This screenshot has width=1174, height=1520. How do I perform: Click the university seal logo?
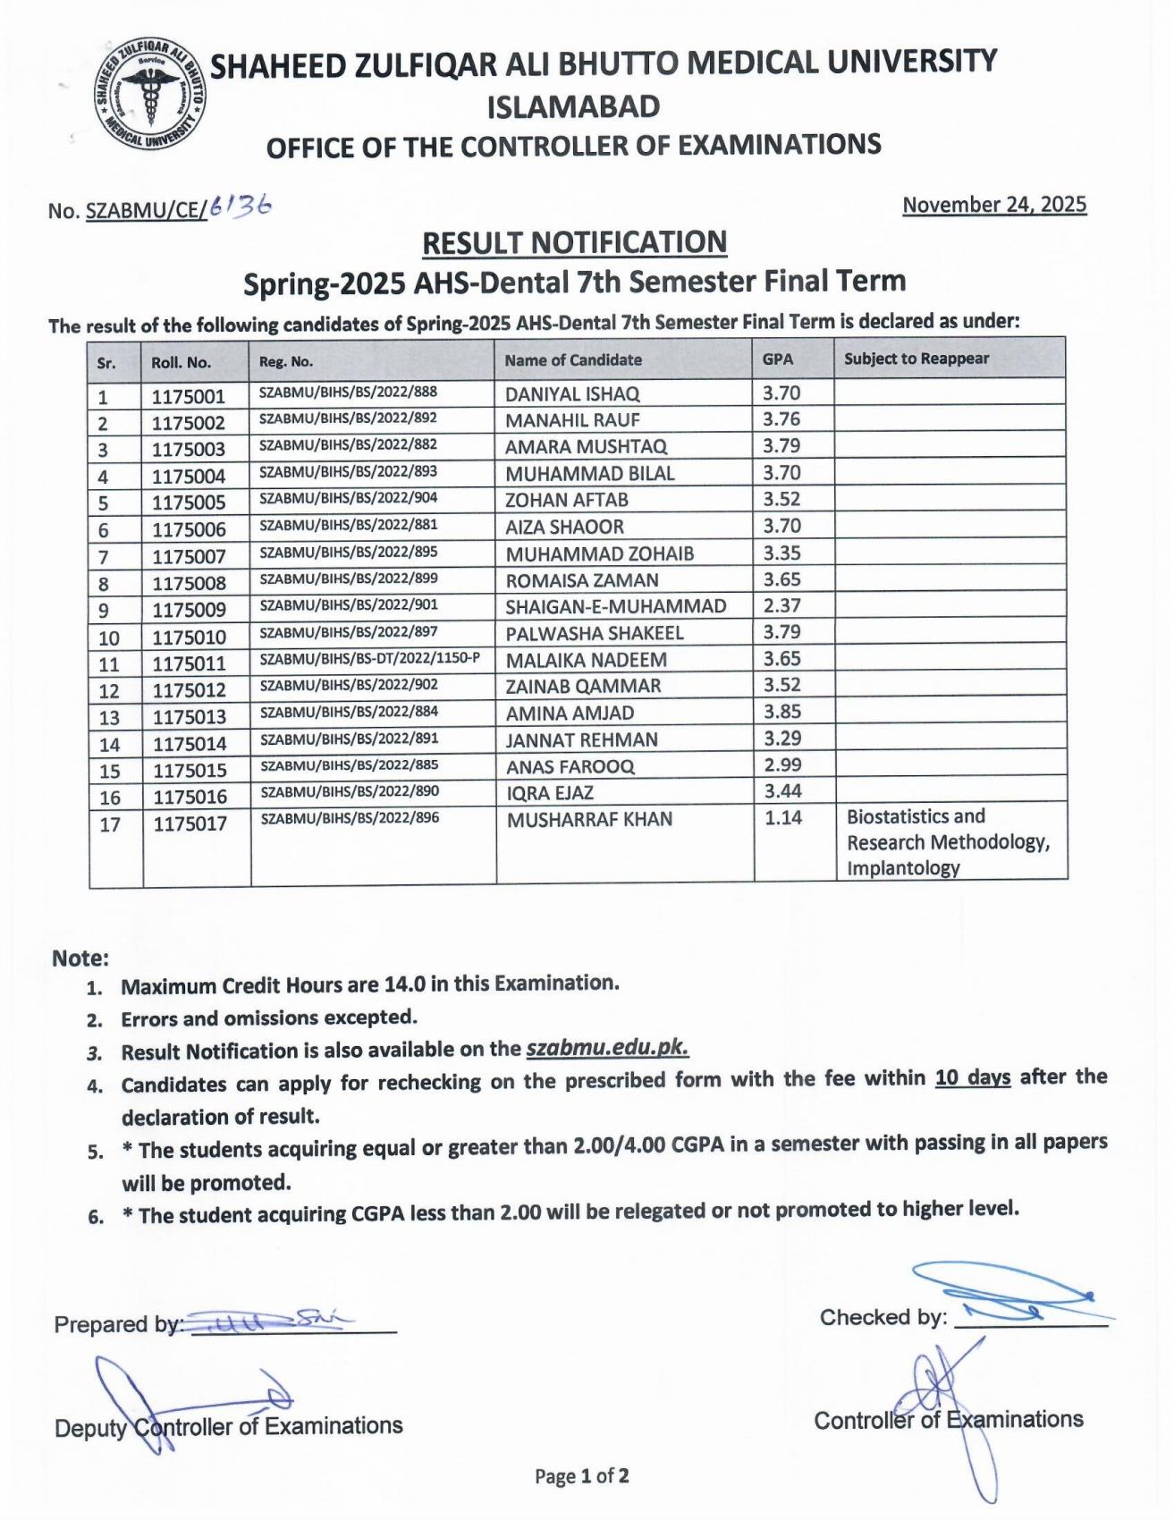click(150, 96)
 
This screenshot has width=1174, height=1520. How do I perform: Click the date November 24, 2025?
click(994, 205)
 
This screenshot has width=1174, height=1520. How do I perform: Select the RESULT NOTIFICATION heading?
click(574, 242)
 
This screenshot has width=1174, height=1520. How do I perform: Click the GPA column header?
click(777, 359)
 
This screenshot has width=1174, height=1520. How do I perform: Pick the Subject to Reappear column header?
click(916, 359)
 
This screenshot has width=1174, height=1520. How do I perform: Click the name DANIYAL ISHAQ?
click(572, 394)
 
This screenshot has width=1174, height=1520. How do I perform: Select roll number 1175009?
click(189, 610)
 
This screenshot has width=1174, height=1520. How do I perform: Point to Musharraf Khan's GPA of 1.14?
click(783, 817)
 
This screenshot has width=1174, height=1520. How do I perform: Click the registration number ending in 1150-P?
click(369, 659)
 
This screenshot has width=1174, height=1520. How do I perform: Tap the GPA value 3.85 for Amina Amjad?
click(782, 712)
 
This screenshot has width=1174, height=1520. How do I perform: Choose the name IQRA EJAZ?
click(549, 793)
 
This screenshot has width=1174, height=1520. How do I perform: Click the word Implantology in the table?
click(903, 868)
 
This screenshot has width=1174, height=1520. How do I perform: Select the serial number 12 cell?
click(109, 690)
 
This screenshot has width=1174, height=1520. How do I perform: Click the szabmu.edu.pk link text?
click(608, 1048)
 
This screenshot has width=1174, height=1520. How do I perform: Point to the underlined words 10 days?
click(973, 1078)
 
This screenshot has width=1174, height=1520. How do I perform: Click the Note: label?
click(80, 958)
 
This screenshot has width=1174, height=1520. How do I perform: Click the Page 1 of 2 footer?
click(582, 1476)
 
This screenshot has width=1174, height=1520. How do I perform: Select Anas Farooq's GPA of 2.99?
click(782, 764)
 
